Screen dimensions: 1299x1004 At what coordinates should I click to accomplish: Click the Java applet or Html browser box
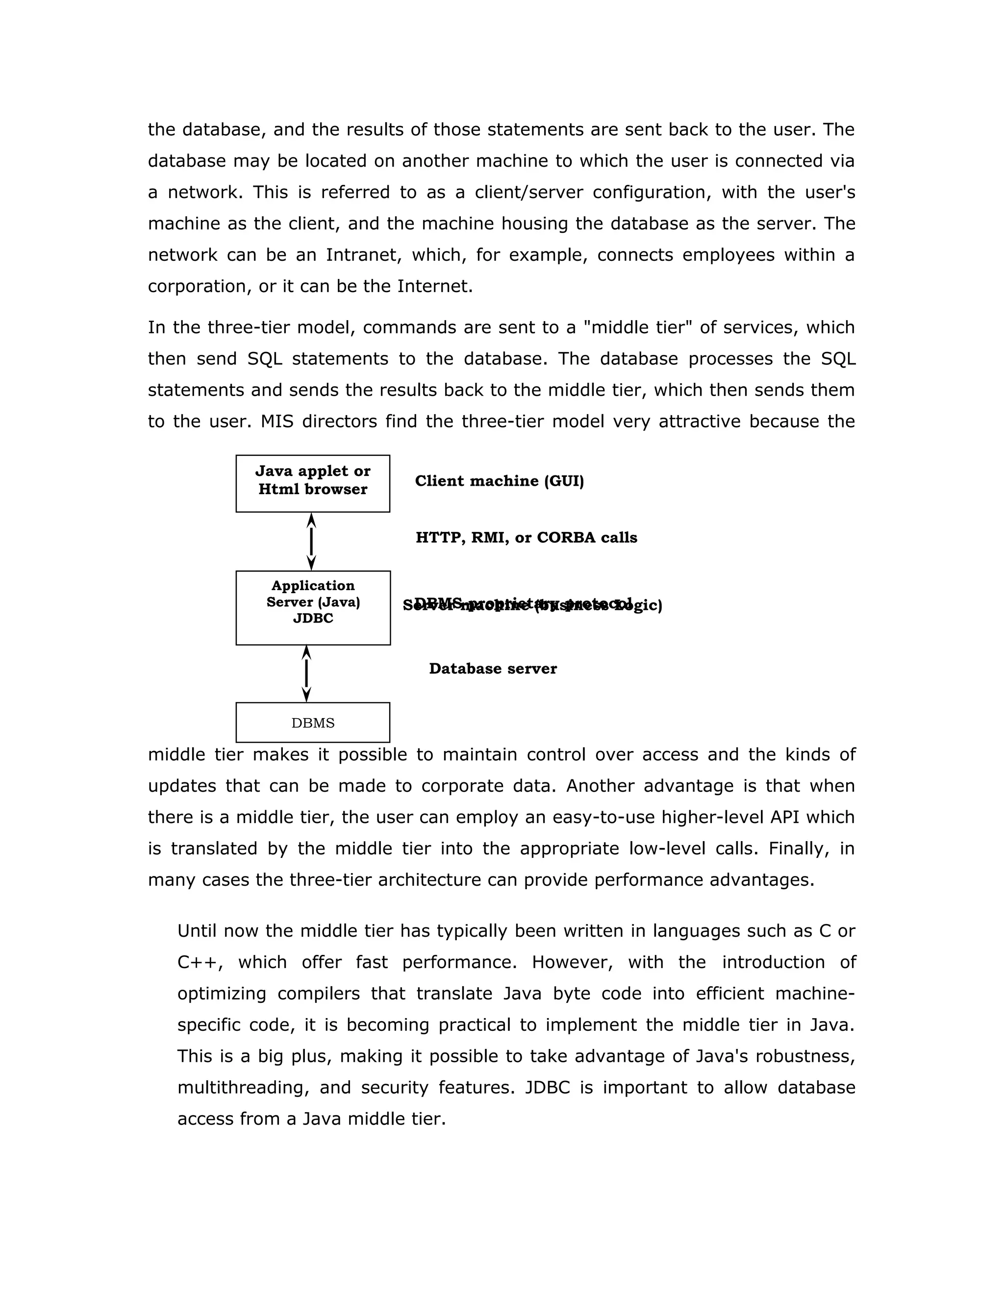pos(313,483)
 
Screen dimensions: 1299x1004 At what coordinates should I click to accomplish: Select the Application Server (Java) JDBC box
pos(313,607)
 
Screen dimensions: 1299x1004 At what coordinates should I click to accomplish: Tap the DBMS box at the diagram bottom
pos(313,722)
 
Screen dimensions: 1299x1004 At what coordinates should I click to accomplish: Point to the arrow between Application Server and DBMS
pos(306,674)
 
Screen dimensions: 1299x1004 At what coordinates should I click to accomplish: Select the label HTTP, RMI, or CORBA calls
pos(526,538)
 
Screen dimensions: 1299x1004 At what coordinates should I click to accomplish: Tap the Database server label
pos(493,669)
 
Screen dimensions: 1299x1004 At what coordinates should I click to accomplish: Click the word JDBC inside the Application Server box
pos(313,619)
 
